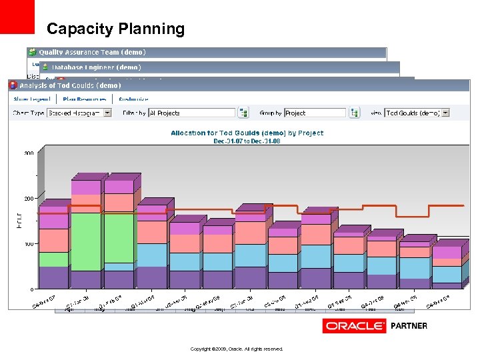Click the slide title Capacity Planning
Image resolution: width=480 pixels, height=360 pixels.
(115, 29)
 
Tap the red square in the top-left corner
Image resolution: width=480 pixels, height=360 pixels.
(17, 17)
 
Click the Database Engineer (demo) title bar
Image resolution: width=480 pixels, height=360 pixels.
(96, 67)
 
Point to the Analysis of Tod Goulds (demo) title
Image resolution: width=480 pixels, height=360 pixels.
(70, 85)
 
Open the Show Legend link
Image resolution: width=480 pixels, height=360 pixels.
(31, 99)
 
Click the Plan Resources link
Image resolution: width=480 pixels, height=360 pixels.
(84, 99)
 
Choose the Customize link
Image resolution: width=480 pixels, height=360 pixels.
(134, 99)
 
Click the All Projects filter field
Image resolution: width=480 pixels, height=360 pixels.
(191, 113)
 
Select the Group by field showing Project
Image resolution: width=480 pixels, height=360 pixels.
(315, 113)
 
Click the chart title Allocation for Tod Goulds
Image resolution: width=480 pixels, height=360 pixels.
(247, 133)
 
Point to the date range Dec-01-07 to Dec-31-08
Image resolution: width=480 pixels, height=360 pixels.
(247, 141)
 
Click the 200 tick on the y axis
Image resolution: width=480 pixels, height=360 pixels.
(29, 199)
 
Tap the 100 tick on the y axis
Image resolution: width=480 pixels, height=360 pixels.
(29, 244)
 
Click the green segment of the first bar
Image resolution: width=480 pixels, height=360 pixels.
(53, 259)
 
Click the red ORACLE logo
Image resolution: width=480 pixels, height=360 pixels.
(354, 326)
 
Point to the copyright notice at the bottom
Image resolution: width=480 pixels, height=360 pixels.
(237, 349)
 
